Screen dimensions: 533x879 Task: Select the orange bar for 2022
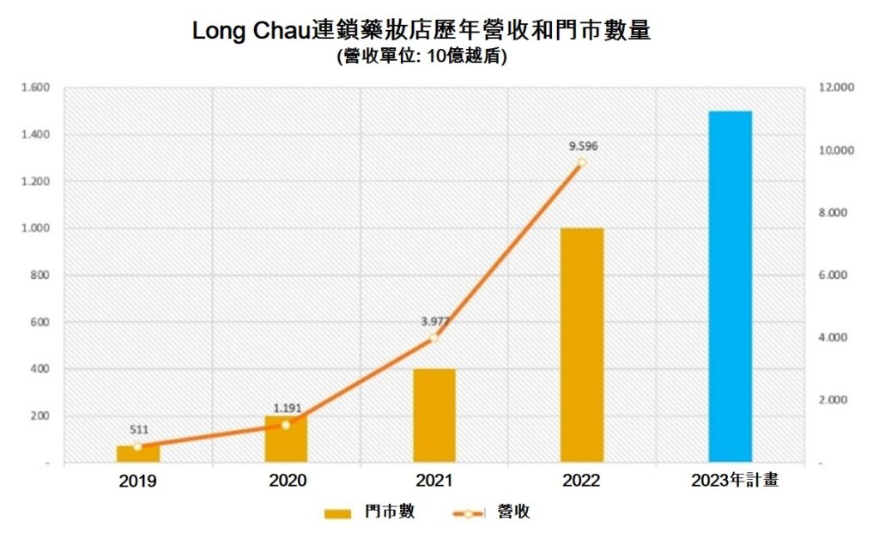(582, 345)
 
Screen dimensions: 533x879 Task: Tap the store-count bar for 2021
(434, 415)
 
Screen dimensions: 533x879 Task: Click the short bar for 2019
(138, 455)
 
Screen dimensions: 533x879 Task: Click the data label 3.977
(434, 322)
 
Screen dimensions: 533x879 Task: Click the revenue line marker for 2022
(582, 162)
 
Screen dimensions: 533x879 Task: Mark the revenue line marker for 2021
(434, 338)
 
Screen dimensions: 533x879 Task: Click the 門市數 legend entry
(370, 512)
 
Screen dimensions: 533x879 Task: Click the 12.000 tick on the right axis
(838, 88)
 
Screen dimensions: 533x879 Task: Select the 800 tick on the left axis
(42, 276)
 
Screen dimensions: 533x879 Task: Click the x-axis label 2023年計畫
(735, 481)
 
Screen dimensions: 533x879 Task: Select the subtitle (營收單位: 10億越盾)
(421, 58)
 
